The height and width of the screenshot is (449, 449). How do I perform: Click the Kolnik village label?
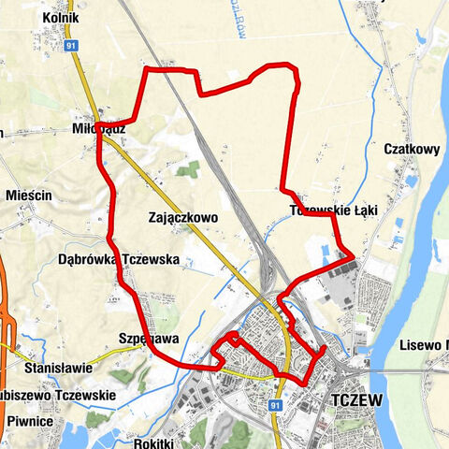click(61, 19)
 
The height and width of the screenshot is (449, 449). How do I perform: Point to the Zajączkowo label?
click(182, 217)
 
